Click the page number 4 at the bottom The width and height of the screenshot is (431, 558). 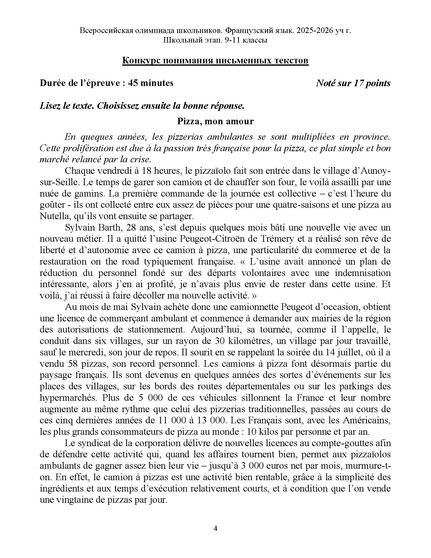(215, 528)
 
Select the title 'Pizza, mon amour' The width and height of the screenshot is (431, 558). (215, 121)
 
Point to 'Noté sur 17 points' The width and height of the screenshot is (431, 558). (353, 83)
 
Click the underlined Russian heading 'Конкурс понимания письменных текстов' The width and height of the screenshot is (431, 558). (215, 61)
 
